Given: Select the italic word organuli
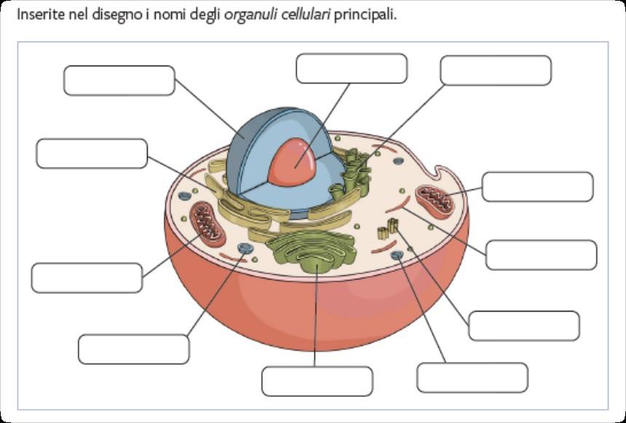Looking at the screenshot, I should point(250,15).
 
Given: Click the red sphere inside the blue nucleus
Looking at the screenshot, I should point(293,165).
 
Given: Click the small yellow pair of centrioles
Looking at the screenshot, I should point(384,234).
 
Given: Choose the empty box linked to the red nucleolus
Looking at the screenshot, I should point(351,68).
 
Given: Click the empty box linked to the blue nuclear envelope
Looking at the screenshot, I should point(119,81).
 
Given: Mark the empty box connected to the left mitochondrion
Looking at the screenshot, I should point(87,278).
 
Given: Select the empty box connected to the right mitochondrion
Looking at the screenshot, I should point(537,187).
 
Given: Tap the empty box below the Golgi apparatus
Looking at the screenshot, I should point(317,382).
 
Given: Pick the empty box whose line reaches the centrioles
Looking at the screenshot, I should point(524,325).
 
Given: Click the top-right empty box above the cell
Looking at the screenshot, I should point(496,71).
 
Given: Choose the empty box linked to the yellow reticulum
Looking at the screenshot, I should point(92,153).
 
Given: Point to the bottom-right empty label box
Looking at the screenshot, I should point(472,377).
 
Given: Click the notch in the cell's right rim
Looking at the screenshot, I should point(442,175).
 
